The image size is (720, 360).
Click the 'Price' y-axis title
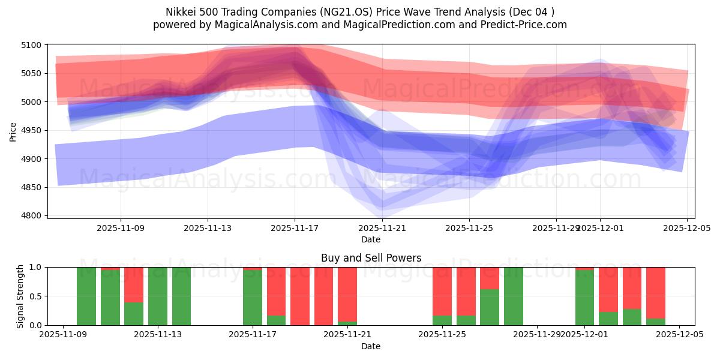[x=13, y=130]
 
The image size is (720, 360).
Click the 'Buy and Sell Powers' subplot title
[x=371, y=258]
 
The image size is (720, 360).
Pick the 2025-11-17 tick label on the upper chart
[x=295, y=228]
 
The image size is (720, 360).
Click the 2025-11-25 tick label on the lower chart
[x=442, y=335]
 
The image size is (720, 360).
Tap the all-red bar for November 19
[x=300, y=296]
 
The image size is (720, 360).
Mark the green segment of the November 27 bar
[x=490, y=307]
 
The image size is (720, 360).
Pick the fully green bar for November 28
[x=513, y=296]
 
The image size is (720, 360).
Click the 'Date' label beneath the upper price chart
[x=371, y=239]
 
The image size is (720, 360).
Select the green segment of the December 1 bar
[x=584, y=298]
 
